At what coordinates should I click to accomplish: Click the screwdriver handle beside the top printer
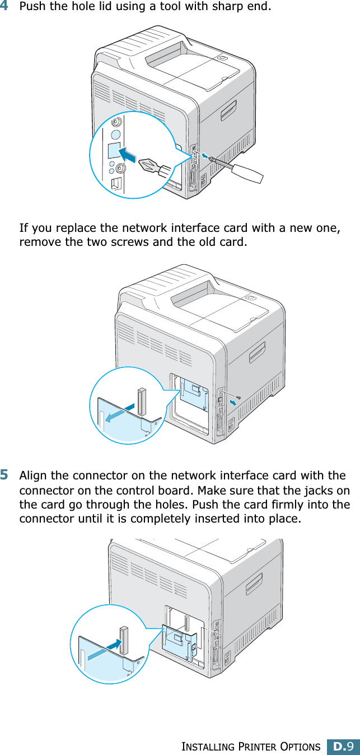coord(246,171)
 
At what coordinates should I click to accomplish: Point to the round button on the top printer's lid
coord(222,58)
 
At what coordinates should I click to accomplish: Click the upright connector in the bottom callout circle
coord(124,640)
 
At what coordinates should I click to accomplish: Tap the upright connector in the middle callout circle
coord(141,401)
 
